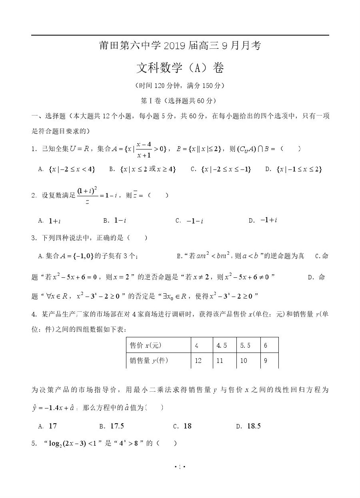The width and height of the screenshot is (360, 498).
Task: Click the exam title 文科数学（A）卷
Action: click(x=180, y=68)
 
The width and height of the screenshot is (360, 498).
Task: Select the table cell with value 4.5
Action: click(x=222, y=345)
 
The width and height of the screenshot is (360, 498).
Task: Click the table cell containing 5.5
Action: click(x=245, y=345)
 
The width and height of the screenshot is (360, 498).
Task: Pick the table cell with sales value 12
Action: click(x=198, y=361)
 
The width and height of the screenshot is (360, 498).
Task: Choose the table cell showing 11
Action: click(x=220, y=361)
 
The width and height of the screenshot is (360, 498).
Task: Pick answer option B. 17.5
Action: click(x=112, y=426)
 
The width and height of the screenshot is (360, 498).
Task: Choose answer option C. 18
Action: click(x=183, y=426)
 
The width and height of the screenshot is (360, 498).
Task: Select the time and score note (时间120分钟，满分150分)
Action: click(x=180, y=86)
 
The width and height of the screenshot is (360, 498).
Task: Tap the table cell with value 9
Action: click(x=266, y=361)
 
